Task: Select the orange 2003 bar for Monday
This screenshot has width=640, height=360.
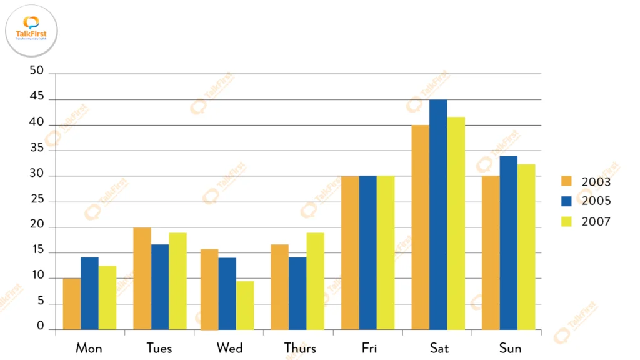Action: (x=72, y=304)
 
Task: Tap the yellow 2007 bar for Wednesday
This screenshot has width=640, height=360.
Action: (x=245, y=305)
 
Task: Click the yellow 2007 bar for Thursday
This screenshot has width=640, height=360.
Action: (x=315, y=281)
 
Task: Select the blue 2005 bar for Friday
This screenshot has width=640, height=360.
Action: (x=368, y=252)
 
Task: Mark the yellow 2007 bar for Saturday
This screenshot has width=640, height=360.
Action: (x=456, y=223)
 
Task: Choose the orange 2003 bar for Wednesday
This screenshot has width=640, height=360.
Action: (x=209, y=289)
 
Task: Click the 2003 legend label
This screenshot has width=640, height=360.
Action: (x=596, y=182)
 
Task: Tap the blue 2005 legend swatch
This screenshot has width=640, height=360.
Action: (x=567, y=201)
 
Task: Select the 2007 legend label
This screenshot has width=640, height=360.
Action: (x=596, y=221)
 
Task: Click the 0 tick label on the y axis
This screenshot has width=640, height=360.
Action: (x=41, y=326)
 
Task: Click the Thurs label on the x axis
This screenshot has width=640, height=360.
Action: (x=300, y=348)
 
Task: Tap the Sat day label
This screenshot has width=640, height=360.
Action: (x=439, y=348)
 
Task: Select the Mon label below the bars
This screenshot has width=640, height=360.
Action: (x=89, y=348)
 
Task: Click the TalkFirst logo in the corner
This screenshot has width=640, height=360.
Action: (x=31, y=30)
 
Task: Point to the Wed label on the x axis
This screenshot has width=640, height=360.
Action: (x=229, y=348)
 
